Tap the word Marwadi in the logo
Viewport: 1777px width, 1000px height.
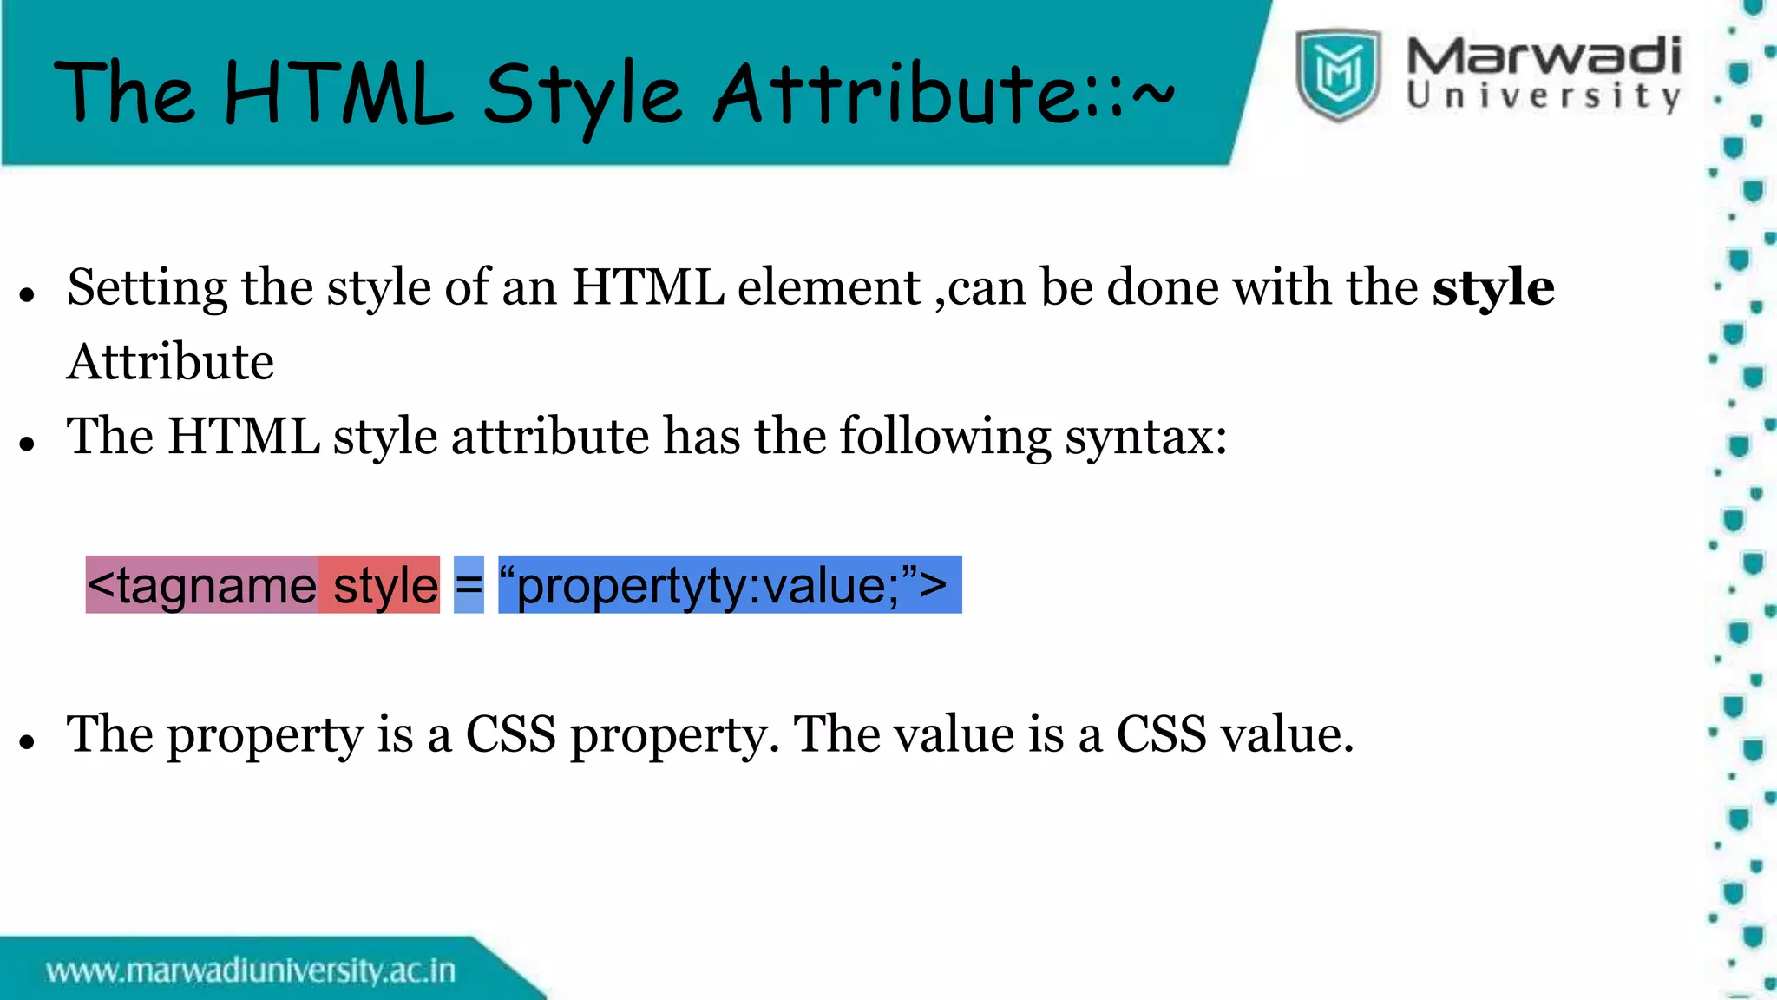pos(1544,56)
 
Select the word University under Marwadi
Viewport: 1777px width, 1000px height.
pos(1544,96)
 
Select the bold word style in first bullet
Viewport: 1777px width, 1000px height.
pos(1492,287)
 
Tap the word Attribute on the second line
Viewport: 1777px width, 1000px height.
pos(170,362)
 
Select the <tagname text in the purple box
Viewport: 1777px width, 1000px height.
pos(202,585)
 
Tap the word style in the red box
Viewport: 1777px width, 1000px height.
pos(385,585)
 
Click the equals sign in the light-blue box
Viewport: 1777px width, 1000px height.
pos(469,585)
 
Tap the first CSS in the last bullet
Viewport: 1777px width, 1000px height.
pos(510,734)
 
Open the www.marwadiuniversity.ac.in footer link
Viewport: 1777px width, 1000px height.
pos(251,970)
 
